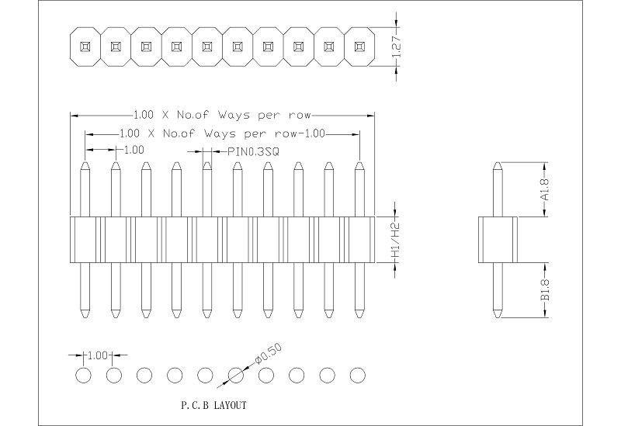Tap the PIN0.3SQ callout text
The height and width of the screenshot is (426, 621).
click(252, 152)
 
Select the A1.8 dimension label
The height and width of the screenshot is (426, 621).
click(545, 190)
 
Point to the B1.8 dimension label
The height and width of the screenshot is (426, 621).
click(545, 291)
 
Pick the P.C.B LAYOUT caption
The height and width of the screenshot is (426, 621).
click(213, 405)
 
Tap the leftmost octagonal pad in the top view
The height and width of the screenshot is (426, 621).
click(85, 46)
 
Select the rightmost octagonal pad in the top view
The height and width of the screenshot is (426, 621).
click(359, 46)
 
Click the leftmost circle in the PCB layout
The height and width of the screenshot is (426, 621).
click(84, 376)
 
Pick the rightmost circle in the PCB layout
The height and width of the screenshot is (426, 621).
click(358, 376)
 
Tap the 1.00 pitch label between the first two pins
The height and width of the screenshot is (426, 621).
click(133, 150)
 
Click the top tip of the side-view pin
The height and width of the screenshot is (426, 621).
click(498, 164)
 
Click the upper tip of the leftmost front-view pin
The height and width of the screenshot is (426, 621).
click(85, 164)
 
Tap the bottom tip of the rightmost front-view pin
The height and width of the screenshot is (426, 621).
click(359, 317)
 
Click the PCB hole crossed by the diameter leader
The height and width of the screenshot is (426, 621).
click(236, 376)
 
